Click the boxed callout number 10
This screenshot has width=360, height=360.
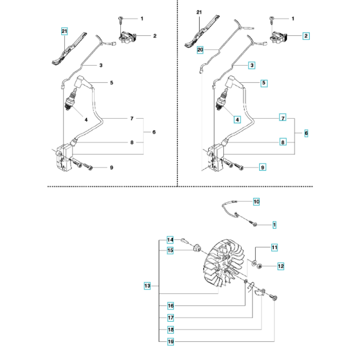(256, 202)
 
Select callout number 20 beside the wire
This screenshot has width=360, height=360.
(200, 50)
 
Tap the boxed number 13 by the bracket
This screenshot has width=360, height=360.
(147, 286)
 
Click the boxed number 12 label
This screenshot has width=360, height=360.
(281, 266)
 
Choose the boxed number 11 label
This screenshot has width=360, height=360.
(275, 248)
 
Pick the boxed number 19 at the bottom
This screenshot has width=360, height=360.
(171, 342)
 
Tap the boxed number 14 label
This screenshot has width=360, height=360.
(170, 240)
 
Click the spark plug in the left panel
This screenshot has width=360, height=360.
(71, 100)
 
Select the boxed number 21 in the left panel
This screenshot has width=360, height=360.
(64, 31)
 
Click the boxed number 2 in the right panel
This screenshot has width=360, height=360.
(306, 36)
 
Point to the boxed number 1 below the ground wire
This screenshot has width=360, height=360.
(274, 225)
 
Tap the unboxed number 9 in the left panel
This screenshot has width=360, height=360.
(112, 168)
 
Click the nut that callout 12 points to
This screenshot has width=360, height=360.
(260, 266)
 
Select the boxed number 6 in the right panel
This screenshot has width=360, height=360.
(306, 133)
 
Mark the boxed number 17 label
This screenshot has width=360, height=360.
(171, 318)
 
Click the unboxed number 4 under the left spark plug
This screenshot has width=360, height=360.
(86, 120)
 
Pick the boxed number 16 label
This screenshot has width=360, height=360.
(171, 306)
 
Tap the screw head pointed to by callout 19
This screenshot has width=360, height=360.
(275, 298)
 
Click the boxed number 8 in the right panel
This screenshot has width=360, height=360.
(283, 142)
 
